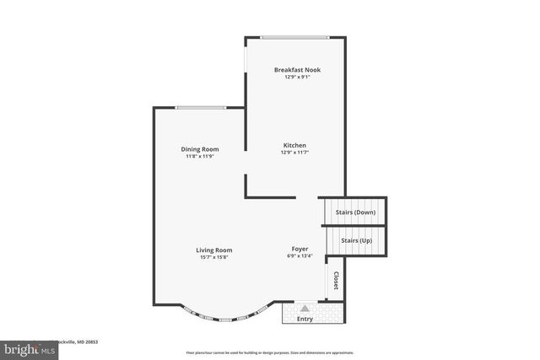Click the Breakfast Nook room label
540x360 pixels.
pyautogui.click(x=297, y=70)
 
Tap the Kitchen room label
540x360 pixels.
pyautogui.click(x=294, y=145)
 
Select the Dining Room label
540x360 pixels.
pyautogui.click(x=200, y=149)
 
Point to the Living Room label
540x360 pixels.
pyautogui.click(x=214, y=250)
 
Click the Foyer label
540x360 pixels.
pyautogui.click(x=300, y=250)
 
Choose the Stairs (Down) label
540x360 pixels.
pyautogui.click(x=355, y=212)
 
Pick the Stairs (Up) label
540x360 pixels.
pyautogui.click(x=356, y=240)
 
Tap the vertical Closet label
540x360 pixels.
pyautogui.click(x=336, y=281)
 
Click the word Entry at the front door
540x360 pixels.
pyautogui.click(x=305, y=319)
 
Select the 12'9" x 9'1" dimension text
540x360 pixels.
pyautogui.click(x=297, y=78)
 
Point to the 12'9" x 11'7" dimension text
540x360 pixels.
pyautogui.click(x=294, y=153)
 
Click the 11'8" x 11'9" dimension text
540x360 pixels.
pyautogui.click(x=200, y=156)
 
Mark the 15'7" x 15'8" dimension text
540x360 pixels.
pyautogui.click(x=214, y=257)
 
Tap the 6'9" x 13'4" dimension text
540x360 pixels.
pyautogui.click(x=300, y=257)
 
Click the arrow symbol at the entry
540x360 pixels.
pyautogui.click(x=305, y=309)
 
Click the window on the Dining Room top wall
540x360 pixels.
pyautogui.click(x=201, y=108)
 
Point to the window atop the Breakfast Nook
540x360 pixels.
pyautogui.click(x=294, y=37)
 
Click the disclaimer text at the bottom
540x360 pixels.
pyautogui.click(x=270, y=352)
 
